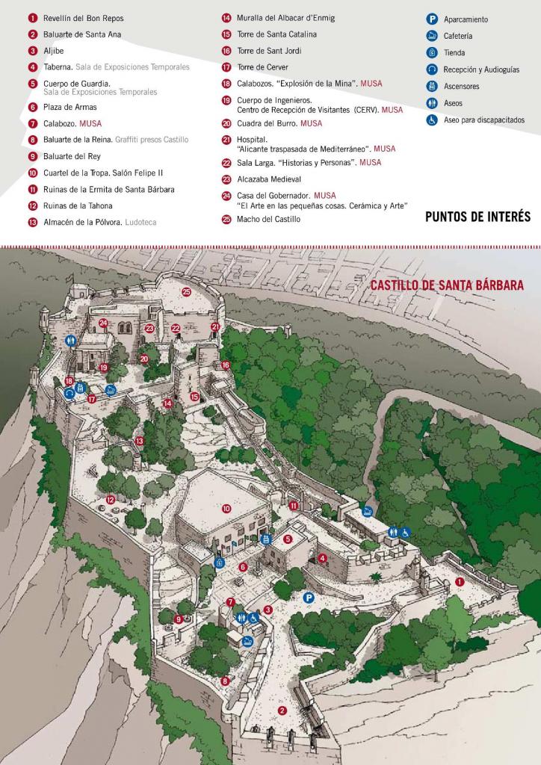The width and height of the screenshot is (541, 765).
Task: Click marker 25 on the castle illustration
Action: click(186, 292)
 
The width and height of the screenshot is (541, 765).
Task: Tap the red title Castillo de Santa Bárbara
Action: click(447, 285)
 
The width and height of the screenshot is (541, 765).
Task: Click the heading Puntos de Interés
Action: click(477, 217)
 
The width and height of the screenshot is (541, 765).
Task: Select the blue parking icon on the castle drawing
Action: click(308, 597)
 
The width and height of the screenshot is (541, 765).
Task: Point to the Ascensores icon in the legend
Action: click(432, 86)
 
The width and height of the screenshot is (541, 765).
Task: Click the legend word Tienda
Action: click(454, 53)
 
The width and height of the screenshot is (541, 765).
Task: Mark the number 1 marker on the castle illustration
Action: click(460, 580)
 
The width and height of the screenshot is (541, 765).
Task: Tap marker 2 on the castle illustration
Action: click(282, 710)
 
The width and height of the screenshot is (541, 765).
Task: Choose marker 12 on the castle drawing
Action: click(110, 500)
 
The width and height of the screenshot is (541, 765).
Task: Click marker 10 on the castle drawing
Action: click(226, 508)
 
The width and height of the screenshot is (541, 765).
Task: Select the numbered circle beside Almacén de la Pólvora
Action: click(32, 222)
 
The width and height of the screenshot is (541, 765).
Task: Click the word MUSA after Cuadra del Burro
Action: click(311, 123)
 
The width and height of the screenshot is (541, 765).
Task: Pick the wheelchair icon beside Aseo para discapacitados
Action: click(432, 120)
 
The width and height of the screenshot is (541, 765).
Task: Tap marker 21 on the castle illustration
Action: click(215, 326)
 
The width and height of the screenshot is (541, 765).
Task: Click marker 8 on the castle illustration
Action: click(225, 681)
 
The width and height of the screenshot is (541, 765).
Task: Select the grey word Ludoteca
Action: click(140, 222)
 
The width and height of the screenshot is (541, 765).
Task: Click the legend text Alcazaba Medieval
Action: click(268, 179)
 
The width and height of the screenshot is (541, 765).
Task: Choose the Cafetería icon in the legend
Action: click(432, 36)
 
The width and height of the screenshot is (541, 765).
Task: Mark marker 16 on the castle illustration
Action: click(226, 365)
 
